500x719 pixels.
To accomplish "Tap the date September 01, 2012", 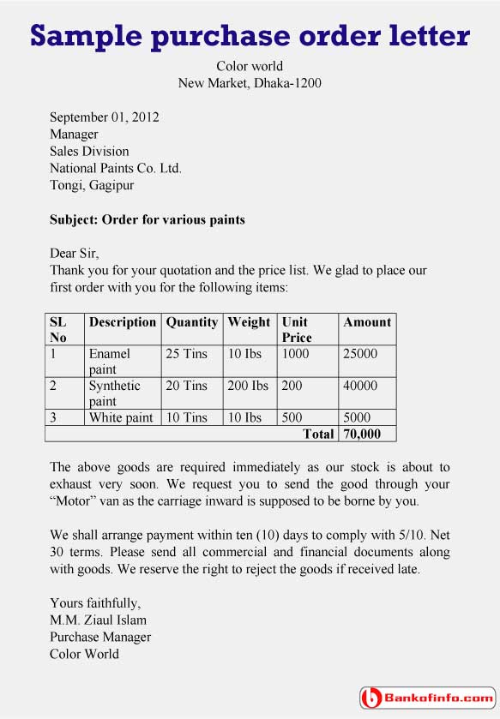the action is [104, 117].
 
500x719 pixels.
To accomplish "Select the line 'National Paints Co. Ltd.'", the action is [116, 168].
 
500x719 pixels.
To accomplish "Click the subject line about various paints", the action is [148, 219].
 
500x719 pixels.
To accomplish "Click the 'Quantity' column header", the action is [191, 322].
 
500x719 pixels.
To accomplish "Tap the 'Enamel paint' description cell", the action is [110, 361].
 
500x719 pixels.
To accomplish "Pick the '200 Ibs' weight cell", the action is [248, 386].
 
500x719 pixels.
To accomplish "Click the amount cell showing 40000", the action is [360, 386].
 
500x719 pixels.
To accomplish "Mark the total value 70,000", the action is [362, 434].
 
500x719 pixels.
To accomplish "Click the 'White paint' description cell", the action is [121, 417].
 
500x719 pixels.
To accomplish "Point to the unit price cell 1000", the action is [295, 353].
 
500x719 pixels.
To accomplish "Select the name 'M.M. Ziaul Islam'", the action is [98, 620].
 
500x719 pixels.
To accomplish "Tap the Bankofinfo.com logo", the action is [426, 698].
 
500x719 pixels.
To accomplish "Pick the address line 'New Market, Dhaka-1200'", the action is [250, 83].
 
